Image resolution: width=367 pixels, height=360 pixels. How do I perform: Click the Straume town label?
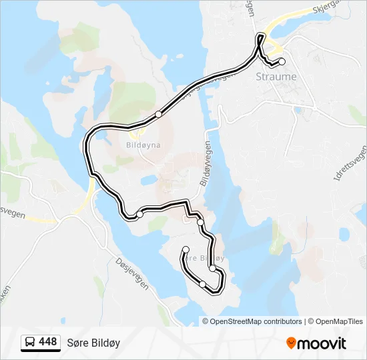click(276, 77)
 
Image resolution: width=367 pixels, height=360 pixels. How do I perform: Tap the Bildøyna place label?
click(141, 143)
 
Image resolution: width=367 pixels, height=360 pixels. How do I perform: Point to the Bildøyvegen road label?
click(206, 164)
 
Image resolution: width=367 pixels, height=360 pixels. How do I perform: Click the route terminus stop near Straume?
click(282, 61)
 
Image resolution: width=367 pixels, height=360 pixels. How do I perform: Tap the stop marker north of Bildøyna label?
click(158, 114)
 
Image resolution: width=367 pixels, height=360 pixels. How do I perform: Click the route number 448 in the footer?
click(48, 342)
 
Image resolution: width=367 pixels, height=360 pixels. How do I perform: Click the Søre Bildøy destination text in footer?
click(93, 343)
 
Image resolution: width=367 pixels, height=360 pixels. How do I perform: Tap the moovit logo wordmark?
click(322, 343)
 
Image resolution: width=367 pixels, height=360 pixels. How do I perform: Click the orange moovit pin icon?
click(291, 343)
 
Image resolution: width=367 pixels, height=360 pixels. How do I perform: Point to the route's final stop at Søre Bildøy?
click(186, 250)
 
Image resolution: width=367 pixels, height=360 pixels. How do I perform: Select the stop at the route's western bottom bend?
click(139, 215)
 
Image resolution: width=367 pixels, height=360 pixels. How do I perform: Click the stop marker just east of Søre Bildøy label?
click(212, 268)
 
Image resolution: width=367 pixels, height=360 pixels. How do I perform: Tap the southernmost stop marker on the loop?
click(202, 285)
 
